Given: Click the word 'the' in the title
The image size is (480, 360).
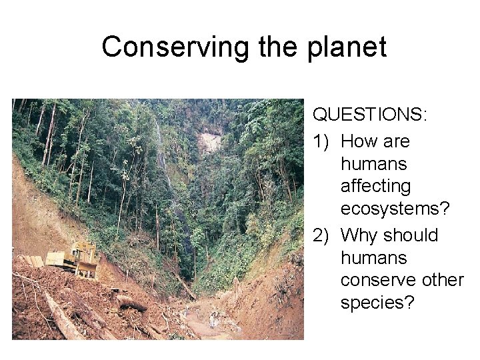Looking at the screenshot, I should (x=276, y=47).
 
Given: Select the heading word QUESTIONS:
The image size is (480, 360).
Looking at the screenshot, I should (x=371, y=115).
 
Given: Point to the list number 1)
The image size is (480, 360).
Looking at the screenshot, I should (x=323, y=142).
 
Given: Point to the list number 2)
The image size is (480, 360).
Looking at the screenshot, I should (x=323, y=236).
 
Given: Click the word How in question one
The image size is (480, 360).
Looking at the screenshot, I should (x=360, y=142).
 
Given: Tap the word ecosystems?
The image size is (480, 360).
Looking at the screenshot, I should (x=395, y=209).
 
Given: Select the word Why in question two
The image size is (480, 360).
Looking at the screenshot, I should (x=360, y=236).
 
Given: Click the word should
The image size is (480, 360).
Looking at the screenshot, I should (x=411, y=236).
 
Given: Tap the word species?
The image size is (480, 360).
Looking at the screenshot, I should (x=377, y=303).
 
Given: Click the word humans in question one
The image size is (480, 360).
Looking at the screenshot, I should (x=373, y=164).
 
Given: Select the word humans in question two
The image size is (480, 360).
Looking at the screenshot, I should (x=373, y=258).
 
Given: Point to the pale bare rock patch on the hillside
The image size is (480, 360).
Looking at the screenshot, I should (x=210, y=143).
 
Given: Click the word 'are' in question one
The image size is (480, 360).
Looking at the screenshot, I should (x=397, y=142).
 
